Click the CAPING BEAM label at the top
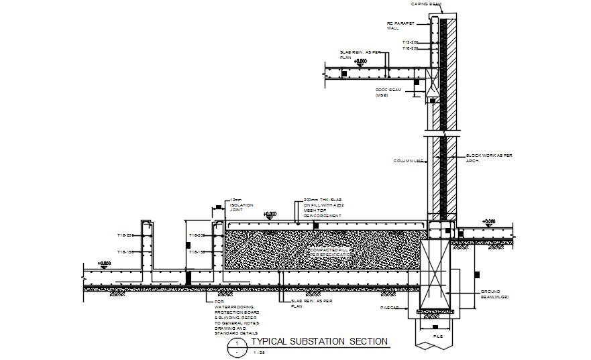pos(426,4)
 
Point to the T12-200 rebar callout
pos(411,42)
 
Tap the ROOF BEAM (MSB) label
pos(388,92)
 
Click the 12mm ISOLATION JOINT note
pos(240,204)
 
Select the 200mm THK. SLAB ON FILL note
pos(322,208)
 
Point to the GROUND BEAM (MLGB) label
pos(495,294)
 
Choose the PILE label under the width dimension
pos(438,335)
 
